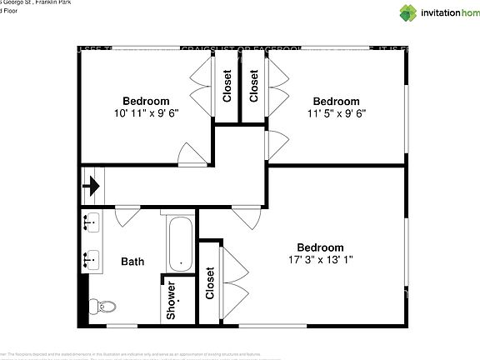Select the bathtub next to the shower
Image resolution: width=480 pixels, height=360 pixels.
point(180,243)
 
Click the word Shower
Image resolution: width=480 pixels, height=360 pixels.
point(171,301)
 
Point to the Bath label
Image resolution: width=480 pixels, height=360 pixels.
point(132,261)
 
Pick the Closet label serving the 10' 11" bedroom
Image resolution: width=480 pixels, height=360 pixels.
point(227,85)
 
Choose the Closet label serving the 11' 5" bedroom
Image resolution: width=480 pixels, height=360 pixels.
point(254,85)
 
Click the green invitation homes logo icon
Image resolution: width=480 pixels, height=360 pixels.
point(408,12)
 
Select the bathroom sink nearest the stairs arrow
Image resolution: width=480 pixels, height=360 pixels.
point(91,222)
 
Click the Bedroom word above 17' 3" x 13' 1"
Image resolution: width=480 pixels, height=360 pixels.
point(321,247)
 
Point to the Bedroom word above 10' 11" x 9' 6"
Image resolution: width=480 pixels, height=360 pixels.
point(147,101)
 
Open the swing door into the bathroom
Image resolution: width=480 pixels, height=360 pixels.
point(127,217)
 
